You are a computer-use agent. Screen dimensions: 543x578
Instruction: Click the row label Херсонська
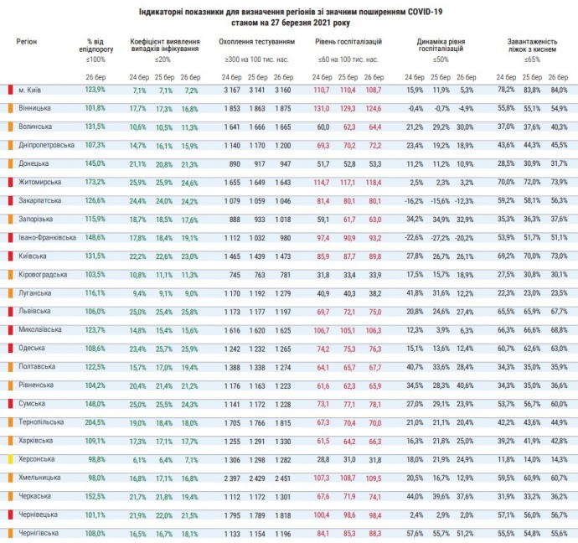coord(36,458)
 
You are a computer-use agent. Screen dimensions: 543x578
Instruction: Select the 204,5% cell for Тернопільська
coord(95,421)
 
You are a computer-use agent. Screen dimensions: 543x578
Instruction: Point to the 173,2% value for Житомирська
coord(95,182)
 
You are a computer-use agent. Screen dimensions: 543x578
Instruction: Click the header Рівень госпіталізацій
coord(348,40)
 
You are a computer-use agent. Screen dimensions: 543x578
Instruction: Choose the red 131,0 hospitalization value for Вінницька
coord(322,108)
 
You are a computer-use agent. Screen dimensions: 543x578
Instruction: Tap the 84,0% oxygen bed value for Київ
coord(558,90)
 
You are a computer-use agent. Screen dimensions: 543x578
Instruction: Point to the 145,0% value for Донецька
coord(95,163)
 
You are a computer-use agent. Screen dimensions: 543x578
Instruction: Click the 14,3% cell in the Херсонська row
coord(558,458)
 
